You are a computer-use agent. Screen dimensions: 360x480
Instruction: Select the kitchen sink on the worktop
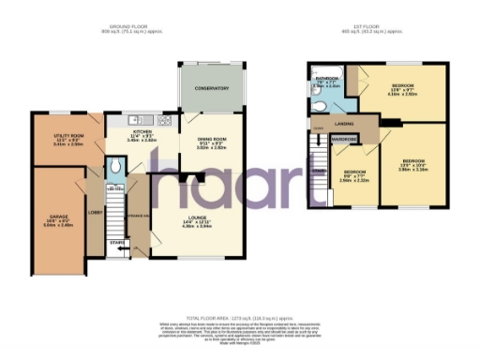click(x=134, y=119)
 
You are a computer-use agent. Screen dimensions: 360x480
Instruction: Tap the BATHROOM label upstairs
click(x=326, y=78)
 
